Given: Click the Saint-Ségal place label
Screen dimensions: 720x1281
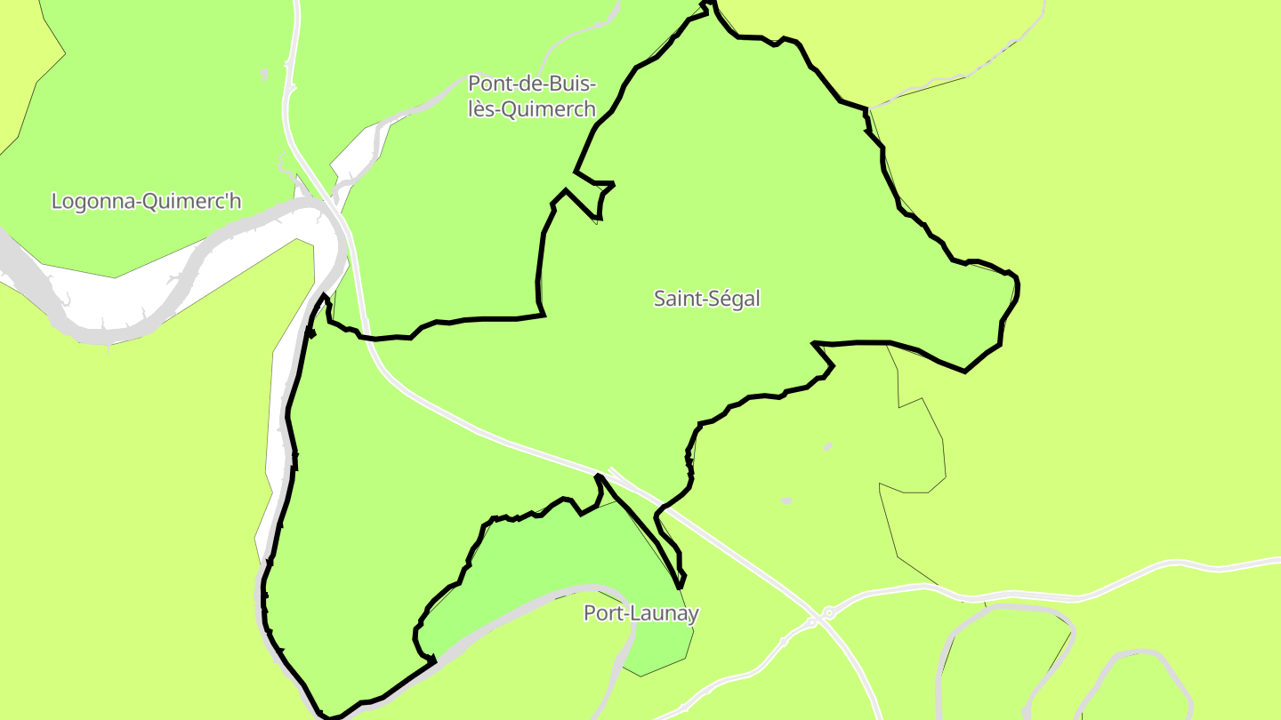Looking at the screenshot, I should (707, 299).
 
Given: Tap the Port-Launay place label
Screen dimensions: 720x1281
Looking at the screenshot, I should (640, 613).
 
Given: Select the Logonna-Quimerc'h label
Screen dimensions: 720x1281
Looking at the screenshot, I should (146, 201).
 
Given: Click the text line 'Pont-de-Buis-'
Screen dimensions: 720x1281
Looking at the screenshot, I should (532, 84).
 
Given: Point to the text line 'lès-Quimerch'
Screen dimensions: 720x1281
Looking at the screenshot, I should (532, 109).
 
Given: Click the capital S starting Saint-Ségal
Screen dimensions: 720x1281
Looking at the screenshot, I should (660, 299).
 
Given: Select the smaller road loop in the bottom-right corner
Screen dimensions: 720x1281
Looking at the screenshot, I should (1134, 684).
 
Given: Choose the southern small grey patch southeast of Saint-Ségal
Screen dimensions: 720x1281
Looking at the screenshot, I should (786, 501).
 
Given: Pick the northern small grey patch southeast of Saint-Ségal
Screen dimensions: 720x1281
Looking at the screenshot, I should (828, 446).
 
